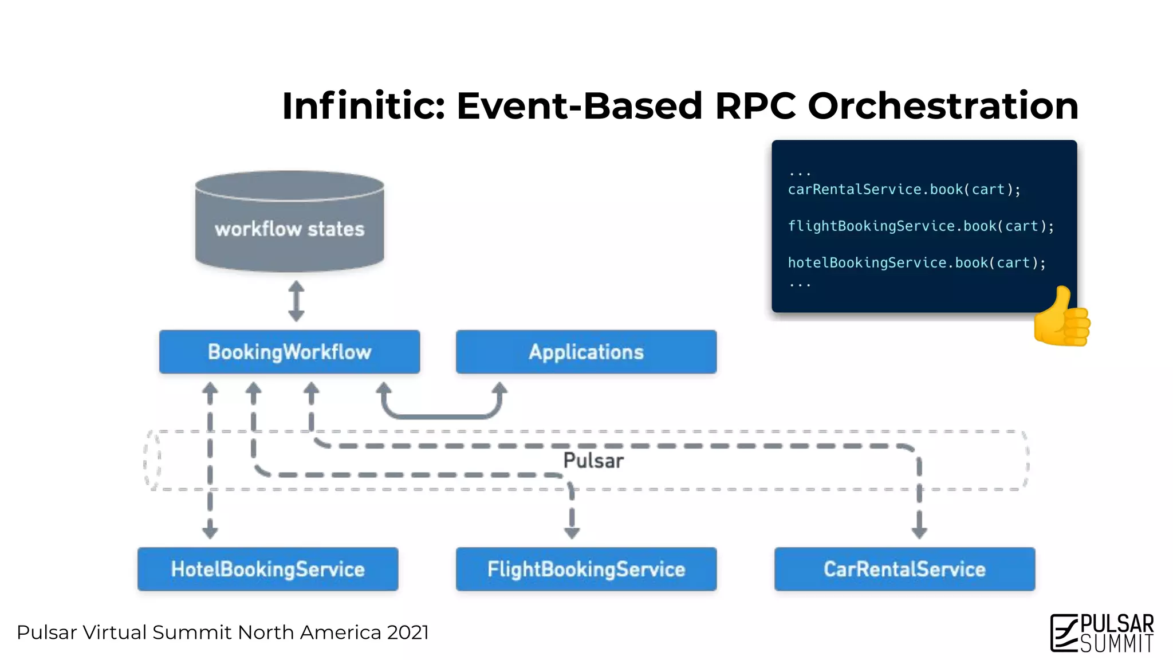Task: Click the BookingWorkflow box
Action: tap(289, 352)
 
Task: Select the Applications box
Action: tap(586, 352)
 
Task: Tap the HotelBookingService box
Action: tap(267, 569)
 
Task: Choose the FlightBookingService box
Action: tap(586, 569)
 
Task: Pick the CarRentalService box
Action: tap(904, 569)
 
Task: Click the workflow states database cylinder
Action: tap(289, 221)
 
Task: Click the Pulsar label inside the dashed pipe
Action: tap(593, 461)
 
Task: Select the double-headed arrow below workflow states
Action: tap(296, 301)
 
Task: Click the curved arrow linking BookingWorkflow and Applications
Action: tap(441, 414)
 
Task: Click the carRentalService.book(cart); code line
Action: tap(904, 190)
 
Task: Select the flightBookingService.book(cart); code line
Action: tap(920, 226)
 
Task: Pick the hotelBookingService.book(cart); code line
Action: tap(916, 263)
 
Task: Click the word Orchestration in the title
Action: tap(943, 106)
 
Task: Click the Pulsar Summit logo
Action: tap(1102, 633)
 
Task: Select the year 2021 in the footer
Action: tap(408, 632)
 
